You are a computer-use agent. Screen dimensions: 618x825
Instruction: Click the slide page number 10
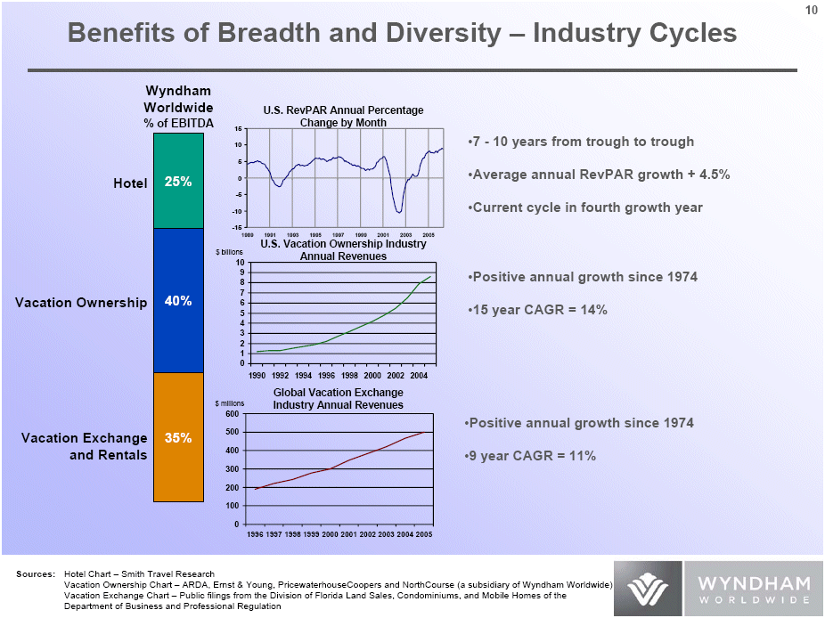click(x=811, y=10)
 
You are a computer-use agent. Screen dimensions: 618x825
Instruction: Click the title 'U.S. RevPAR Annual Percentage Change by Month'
click(x=343, y=116)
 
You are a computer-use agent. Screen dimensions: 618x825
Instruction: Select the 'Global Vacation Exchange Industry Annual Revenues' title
click(x=338, y=398)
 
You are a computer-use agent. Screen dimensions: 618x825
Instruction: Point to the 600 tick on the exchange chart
click(x=232, y=414)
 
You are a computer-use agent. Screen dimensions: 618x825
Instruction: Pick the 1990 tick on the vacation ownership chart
click(x=258, y=376)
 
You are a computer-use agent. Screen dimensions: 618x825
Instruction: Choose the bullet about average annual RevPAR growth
click(x=598, y=175)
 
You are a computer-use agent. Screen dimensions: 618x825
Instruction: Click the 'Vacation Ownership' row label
click(x=81, y=303)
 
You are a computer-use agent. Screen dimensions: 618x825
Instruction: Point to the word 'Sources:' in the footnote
click(x=35, y=574)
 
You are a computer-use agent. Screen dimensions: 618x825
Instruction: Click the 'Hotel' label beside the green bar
click(x=130, y=183)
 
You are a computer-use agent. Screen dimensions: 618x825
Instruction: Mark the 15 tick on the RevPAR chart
click(x=239, y=128)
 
